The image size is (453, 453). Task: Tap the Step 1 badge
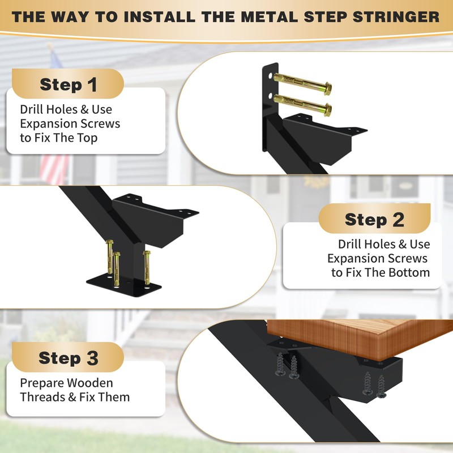[68, 84]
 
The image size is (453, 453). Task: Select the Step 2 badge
[374, 219]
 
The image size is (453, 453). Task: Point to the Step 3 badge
[68, 358]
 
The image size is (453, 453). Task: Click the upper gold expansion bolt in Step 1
[302, 84]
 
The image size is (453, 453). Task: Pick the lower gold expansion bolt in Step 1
[302, 104]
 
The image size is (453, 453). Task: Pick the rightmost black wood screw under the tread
[381, 385]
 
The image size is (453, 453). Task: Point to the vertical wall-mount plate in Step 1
[267, 108]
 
